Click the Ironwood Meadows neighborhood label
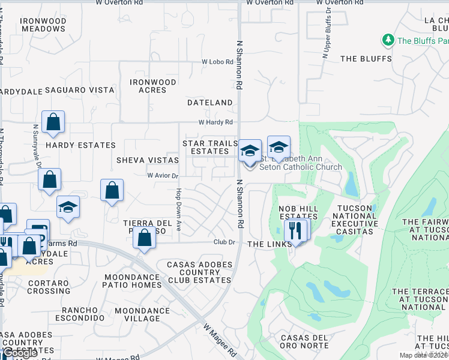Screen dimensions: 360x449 (43, 25)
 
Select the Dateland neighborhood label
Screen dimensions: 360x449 (209, 103)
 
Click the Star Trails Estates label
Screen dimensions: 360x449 (210, 148)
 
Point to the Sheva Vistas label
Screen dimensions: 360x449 (147, 160)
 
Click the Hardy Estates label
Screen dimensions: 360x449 (80, 145)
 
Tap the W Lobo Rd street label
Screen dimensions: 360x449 (217, 62)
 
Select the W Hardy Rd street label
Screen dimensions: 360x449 (216, 122)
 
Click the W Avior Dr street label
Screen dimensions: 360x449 (163, 176)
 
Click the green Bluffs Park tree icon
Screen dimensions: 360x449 (388, 40)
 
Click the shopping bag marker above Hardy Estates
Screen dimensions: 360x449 (53, 122)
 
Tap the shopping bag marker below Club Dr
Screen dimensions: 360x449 (144, 238)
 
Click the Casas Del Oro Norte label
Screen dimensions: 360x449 (304, 342)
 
